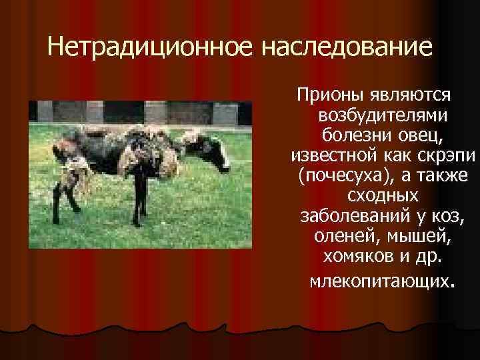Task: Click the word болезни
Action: coord(358,136)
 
